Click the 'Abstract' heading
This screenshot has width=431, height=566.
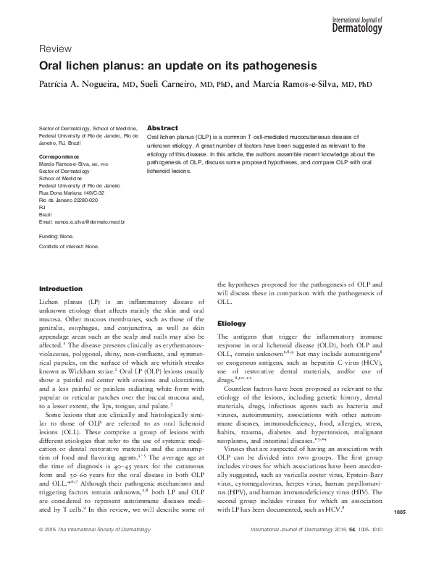click(162, 127)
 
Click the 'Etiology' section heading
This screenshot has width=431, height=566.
click(232, 323)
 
